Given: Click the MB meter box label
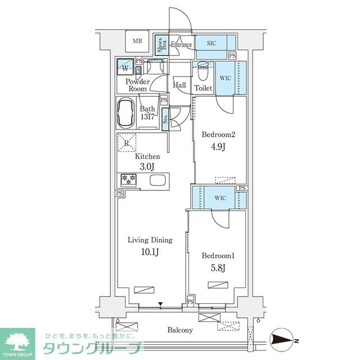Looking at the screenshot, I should [137, 40].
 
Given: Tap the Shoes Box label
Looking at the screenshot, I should [160, 44].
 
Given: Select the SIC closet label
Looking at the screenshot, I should [211, 43].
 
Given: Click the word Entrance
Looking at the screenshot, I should [182, 45].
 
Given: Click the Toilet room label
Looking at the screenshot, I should [203, 88].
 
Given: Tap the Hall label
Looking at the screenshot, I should [180, 85].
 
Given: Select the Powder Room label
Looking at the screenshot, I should [137, 85].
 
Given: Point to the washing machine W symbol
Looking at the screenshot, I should [125, 68].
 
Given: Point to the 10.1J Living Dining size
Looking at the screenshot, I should [150, 251].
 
